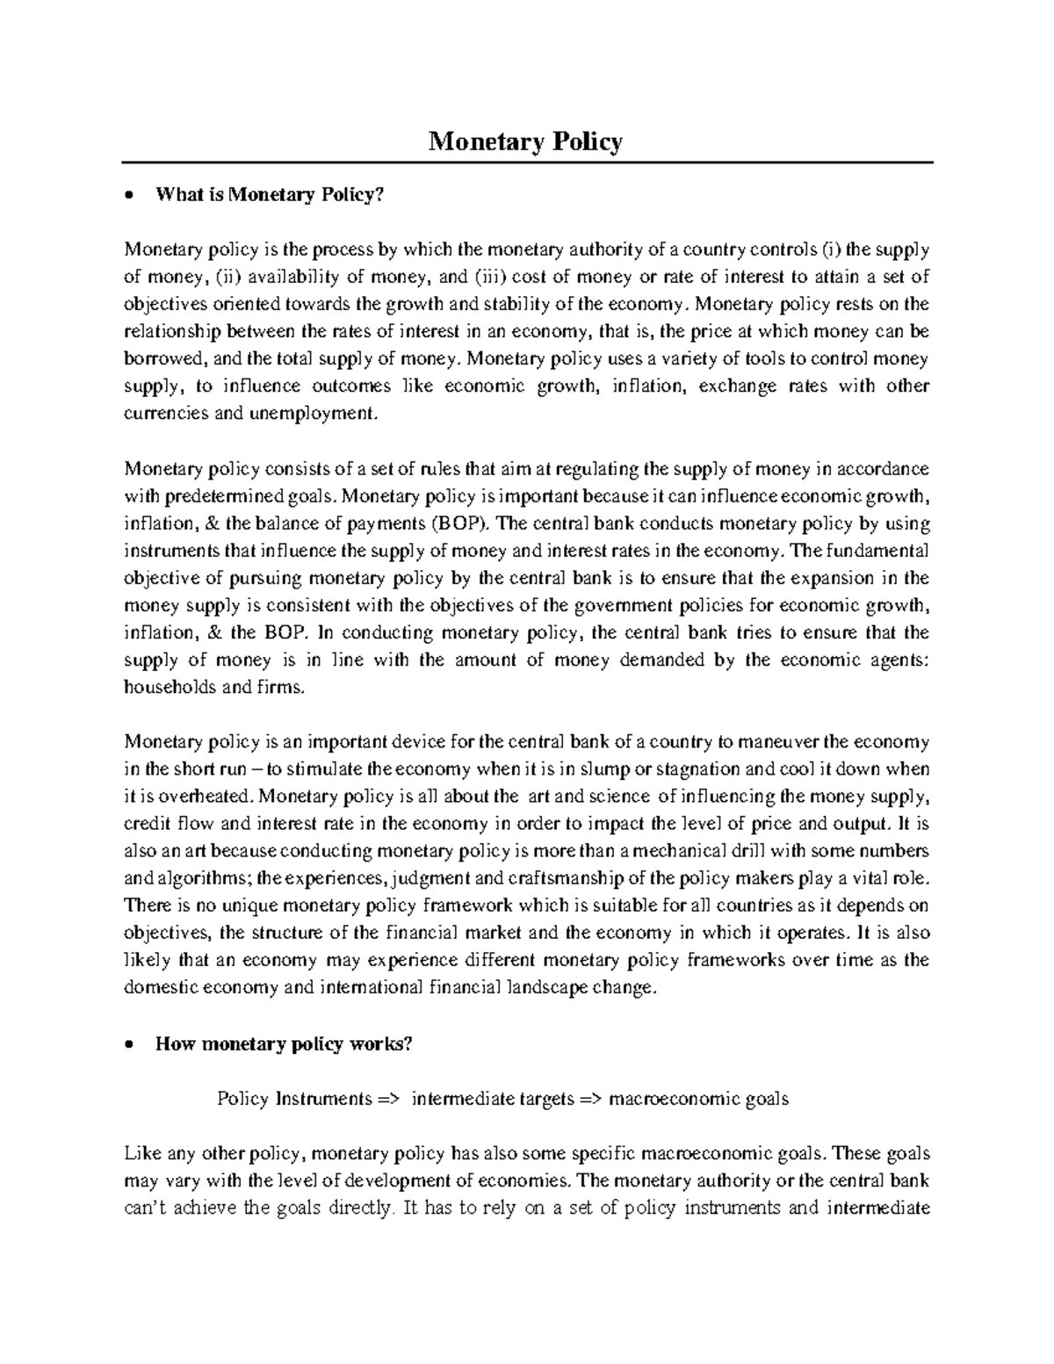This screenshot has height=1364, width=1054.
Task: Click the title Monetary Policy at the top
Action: (x=525, y=141)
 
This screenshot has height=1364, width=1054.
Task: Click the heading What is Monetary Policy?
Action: (x=270, y=196)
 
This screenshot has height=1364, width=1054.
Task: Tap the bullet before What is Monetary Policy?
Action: (x=130, y=197)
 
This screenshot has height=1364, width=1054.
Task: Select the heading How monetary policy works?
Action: (x=283, y=1044)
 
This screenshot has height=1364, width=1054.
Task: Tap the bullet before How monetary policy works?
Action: (x=130, y=1045)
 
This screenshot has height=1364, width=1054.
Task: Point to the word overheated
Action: (x=208, y=797)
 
